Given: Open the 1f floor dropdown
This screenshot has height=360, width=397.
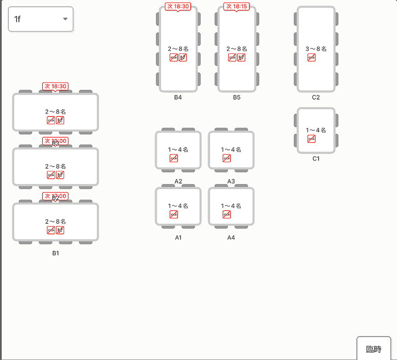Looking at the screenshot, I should pyautogui.click(x=41, y=19).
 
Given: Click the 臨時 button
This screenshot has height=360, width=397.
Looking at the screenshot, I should pyautogui.click(x=374, y=349).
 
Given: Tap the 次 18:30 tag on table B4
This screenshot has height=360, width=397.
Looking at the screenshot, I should pyautogui.click(x=178, y=7).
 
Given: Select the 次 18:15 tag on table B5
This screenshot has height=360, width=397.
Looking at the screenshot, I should pyautogui.click(x=237, y=7).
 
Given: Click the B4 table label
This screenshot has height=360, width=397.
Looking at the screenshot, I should pyautogui.click(x=178, y=97).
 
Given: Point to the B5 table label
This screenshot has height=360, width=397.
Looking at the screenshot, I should pyautogui.click(x=237, y=97).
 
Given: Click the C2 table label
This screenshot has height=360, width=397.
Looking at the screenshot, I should pyautogui.click(x=316, y=97).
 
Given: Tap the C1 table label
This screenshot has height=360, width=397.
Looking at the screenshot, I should pyautogui.click(x=316, y=159).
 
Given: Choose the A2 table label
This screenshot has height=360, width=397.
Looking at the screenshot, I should pyautogui.click(x=178, y=181).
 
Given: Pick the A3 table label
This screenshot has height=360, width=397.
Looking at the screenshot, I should pyautogui.click(x=231, y=181).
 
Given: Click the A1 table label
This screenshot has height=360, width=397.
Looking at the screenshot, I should pyautogui.click(x=178, y=237).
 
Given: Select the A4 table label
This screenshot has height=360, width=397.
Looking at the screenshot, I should pyautogui.click(x=231, y=237).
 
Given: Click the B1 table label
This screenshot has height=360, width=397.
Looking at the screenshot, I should pyautogui.click(x=55, y=253).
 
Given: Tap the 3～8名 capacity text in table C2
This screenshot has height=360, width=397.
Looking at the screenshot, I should pyautogui.click(x=316, y=49).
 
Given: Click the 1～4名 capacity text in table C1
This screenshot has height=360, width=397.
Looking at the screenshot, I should pyautogui.click(x=316, y=130).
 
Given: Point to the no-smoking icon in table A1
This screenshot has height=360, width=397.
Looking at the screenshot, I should pyautogui.click(x=174, y=215).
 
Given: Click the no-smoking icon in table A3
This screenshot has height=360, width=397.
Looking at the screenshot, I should pyautogui.click(x=226, y=158).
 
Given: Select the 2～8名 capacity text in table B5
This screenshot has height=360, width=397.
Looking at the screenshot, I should pyautogui.click(x=237, y=49).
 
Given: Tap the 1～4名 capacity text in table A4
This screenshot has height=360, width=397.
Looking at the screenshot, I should pyautogui.click(x=231, y=206).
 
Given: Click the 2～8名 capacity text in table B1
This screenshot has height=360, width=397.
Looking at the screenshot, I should pyautogui.click(x=55, y=222).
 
